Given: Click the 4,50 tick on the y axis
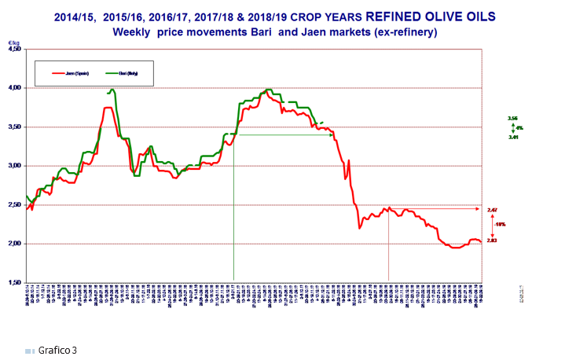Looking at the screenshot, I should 15,49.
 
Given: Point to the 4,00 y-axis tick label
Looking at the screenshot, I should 15,88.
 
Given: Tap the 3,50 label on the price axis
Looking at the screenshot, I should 15,127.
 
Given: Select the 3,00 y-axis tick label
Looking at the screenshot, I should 15,166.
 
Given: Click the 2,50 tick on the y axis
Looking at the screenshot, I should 15,204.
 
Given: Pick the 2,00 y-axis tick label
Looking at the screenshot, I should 15,244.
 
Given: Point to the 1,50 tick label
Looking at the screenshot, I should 15,282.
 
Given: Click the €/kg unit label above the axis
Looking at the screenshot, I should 13,42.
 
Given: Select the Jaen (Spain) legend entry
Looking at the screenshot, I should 70,72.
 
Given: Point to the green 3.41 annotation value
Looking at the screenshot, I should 514,136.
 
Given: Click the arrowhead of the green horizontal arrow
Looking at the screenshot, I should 332,134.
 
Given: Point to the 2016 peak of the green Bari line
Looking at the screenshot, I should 112,90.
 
